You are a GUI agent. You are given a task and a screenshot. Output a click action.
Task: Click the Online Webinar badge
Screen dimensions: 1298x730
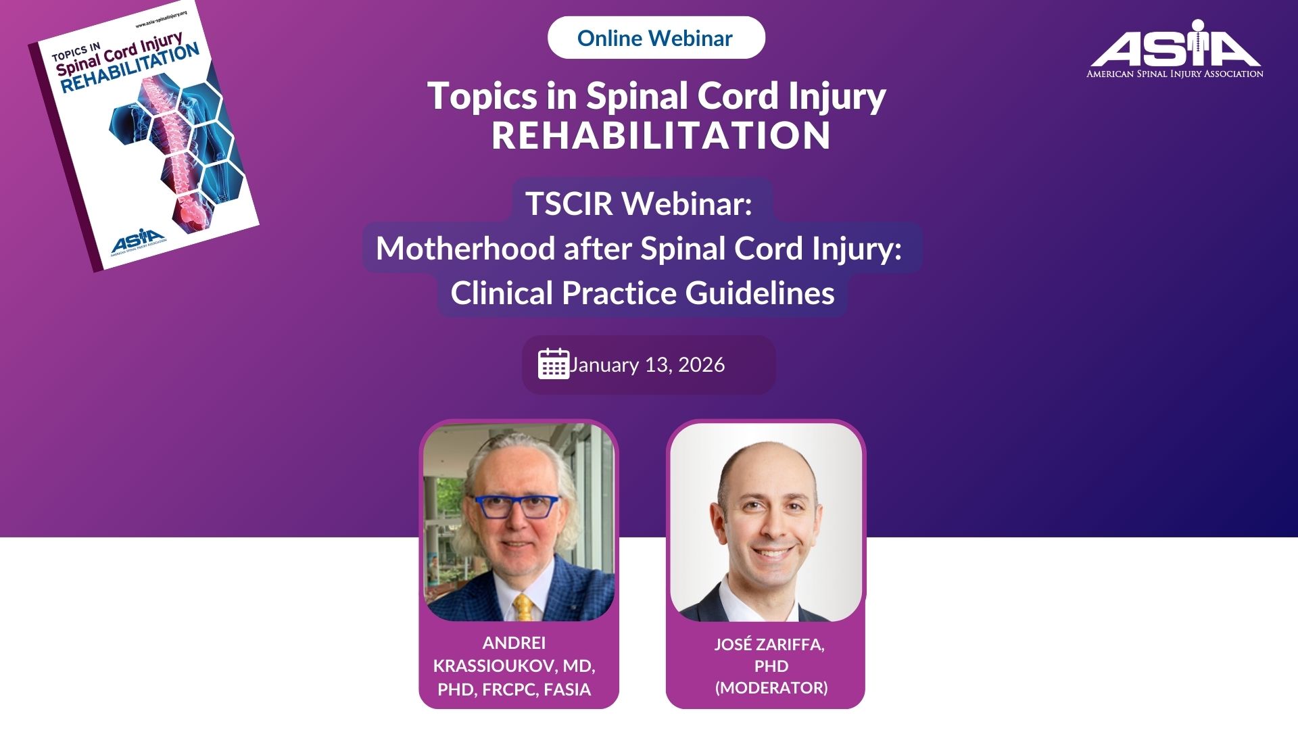(656, 38)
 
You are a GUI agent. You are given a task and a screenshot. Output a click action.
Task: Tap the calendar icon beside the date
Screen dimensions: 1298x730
(553, 364)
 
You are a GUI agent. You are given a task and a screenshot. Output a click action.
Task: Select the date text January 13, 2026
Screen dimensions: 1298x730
(647, 364)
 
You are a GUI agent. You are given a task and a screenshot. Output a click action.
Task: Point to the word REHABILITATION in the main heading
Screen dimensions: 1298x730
(660, 135)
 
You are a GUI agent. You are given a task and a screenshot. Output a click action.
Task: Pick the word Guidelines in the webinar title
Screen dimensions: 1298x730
(760, 293)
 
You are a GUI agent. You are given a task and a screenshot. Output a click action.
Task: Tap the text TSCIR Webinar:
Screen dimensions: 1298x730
(639, 203)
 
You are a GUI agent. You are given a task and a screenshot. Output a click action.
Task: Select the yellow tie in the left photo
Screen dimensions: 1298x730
(523, 607)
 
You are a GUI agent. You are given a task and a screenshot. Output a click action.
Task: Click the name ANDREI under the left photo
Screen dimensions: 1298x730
(514, 643)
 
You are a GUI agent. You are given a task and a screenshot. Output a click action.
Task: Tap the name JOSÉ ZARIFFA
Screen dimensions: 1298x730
(769, 644)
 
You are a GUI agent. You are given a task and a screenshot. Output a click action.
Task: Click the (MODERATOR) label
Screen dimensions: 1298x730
(771, 687)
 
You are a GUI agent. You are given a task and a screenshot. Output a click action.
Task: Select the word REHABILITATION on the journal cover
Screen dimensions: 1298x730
(130, 68)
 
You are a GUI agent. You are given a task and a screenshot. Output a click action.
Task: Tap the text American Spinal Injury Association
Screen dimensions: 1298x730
(1174, 74)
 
